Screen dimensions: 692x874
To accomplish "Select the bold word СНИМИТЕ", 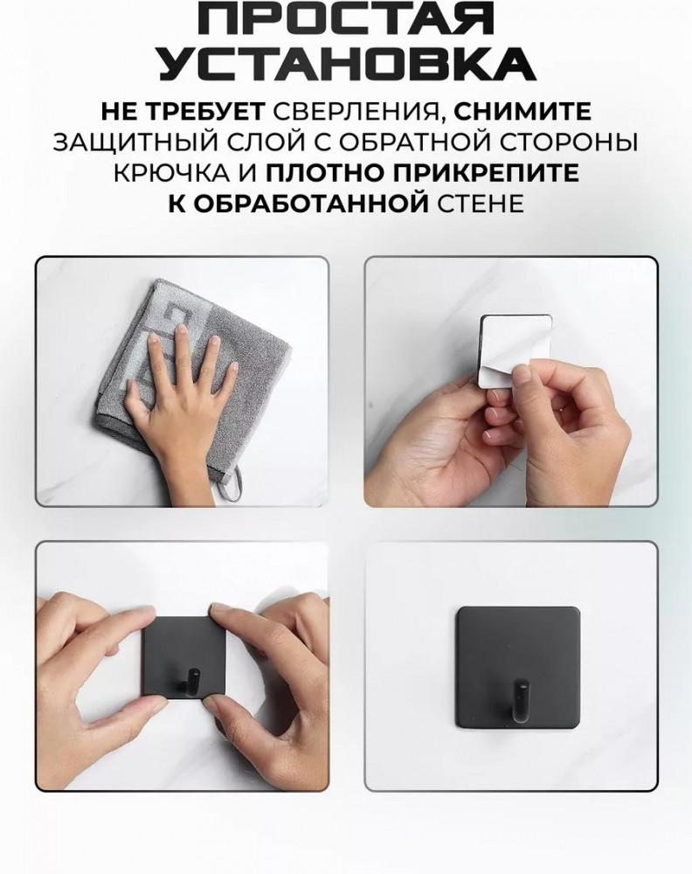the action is (522, 112).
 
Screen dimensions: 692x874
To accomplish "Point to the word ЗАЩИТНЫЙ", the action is (124, 142).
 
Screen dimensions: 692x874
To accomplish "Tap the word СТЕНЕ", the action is (480, 204).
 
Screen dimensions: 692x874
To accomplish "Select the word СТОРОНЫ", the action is (575, 142).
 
